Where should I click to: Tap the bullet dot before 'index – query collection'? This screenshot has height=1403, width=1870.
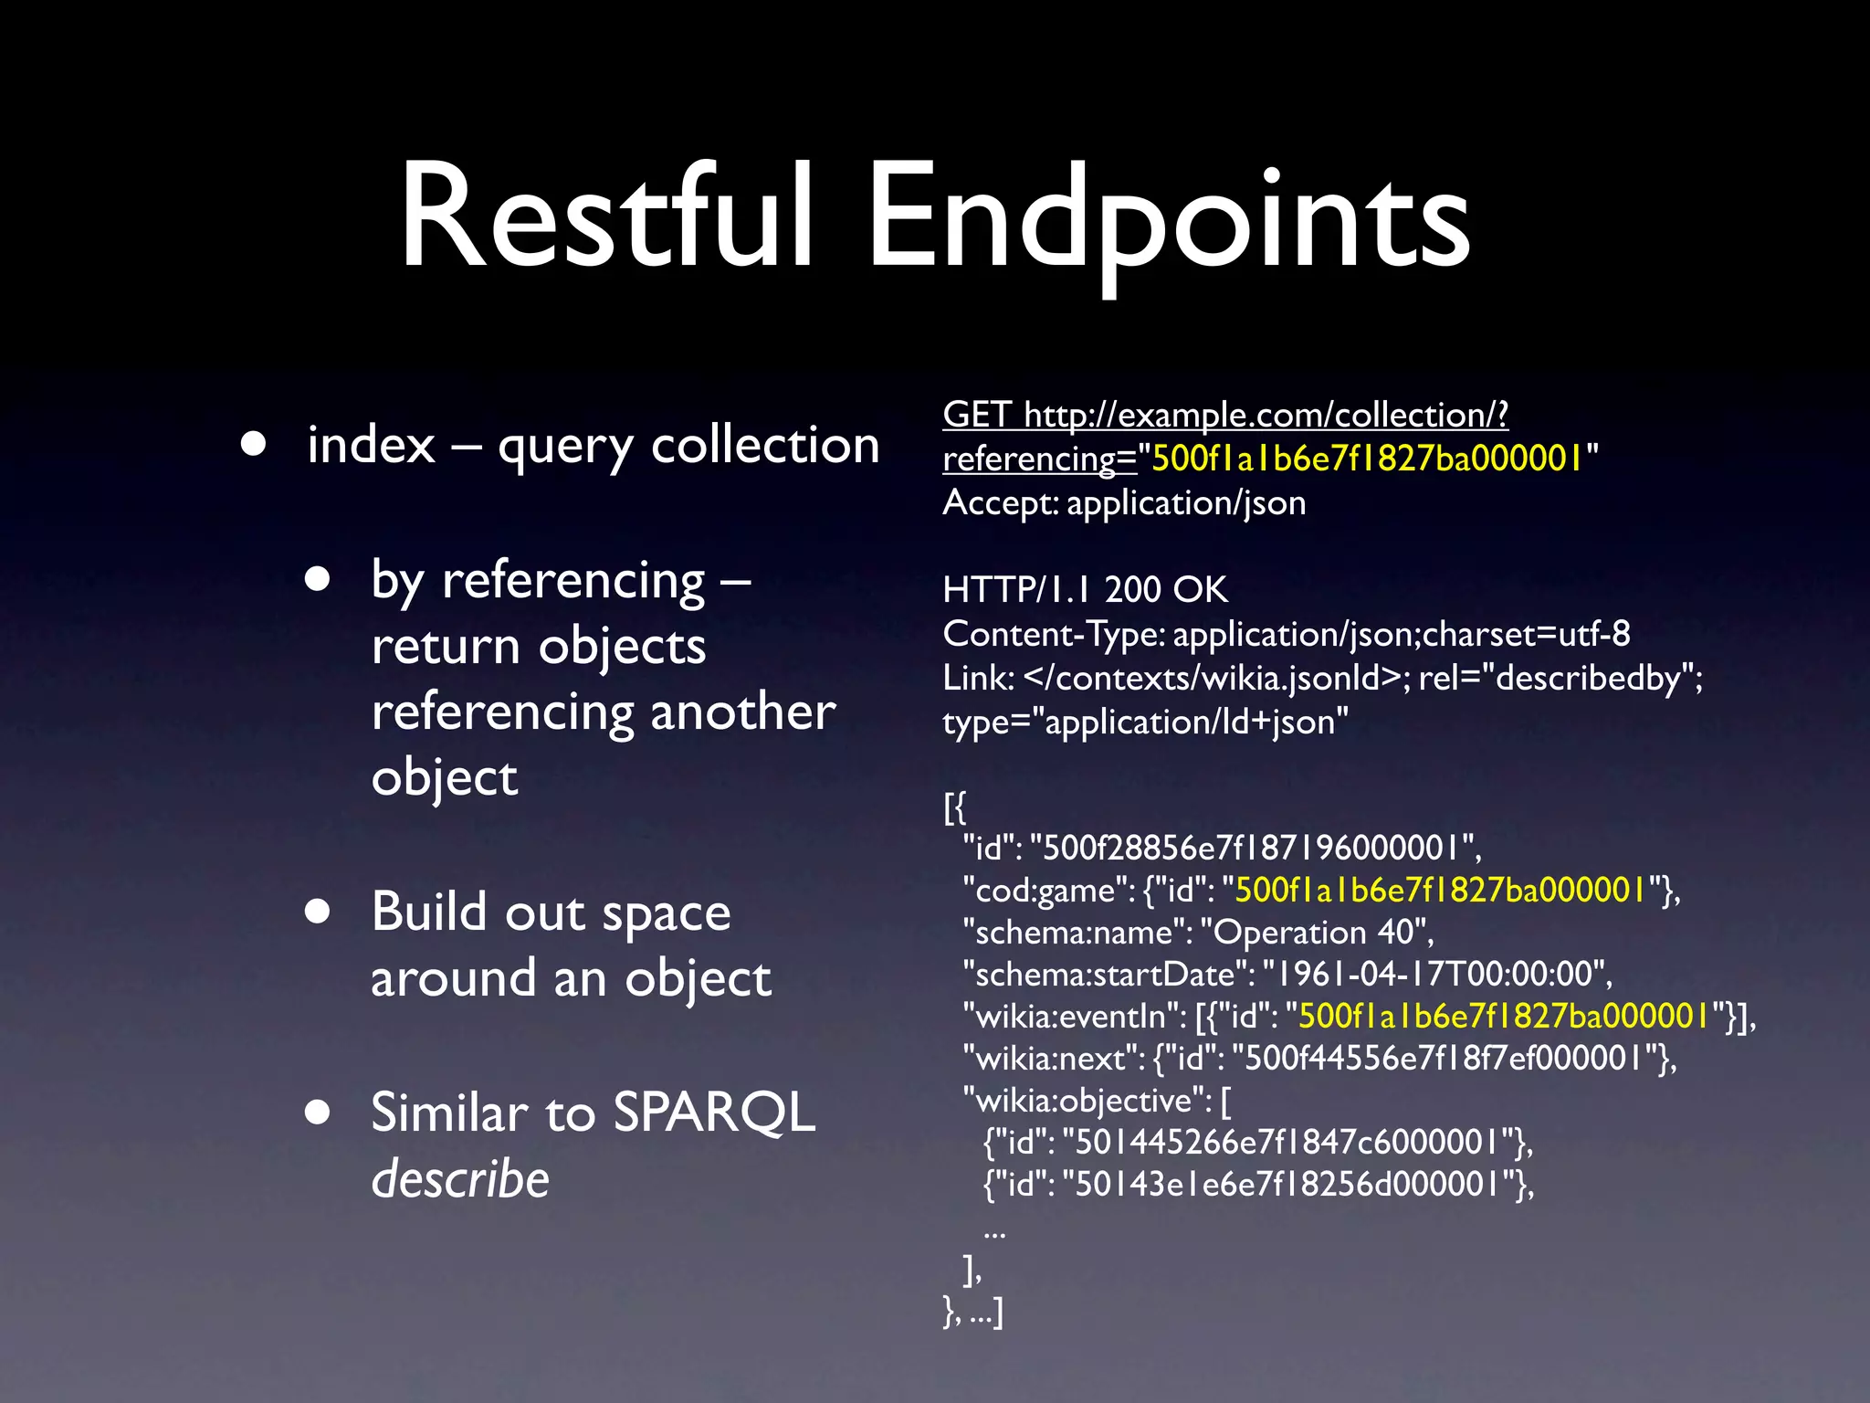254,445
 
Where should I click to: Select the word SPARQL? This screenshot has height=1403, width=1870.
714,1113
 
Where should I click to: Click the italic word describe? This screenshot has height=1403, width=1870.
460,1178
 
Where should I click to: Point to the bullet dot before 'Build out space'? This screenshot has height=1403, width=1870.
318,912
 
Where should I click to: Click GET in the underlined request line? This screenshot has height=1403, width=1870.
976,415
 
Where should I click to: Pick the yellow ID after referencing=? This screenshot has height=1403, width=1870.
1367,459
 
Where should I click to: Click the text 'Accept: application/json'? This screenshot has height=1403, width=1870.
1124,502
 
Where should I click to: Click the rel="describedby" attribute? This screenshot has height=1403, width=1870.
1558,678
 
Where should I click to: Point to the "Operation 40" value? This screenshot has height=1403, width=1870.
1315,933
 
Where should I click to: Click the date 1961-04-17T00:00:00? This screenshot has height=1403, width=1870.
1434,975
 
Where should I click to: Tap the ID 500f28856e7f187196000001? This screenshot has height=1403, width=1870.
1255,849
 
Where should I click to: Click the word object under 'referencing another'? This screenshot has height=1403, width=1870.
445,778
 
